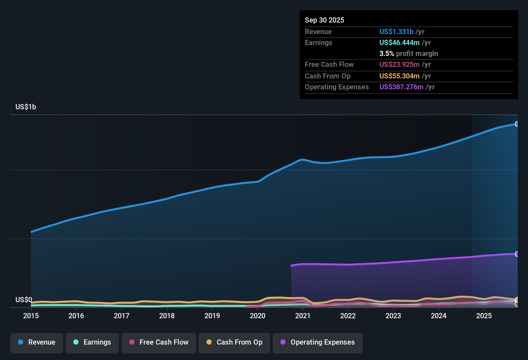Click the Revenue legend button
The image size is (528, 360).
click(37, 342)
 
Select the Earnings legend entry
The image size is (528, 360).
click(92, 342)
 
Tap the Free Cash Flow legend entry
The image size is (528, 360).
click(159, 342)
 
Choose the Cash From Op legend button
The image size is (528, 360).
click(234, 342)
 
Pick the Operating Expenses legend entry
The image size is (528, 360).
click(318, 342)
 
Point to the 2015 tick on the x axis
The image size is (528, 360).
click(31, 316)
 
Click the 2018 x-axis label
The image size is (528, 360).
click(167, 316)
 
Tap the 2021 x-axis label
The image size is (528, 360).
click(303, 316)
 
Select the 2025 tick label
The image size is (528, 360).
click(484, 316)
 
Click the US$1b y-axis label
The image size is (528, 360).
click(26, 107)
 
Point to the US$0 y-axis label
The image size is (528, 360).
click(24, 300)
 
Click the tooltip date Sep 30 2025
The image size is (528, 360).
click(324, 20)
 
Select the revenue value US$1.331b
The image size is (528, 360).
click(396, 32)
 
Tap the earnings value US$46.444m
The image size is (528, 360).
click(399, 43)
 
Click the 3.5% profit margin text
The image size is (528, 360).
click(408, 54)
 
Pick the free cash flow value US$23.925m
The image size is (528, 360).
click(399, 65)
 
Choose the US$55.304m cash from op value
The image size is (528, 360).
click(399, 76)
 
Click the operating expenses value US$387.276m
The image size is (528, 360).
click(401, 87)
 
